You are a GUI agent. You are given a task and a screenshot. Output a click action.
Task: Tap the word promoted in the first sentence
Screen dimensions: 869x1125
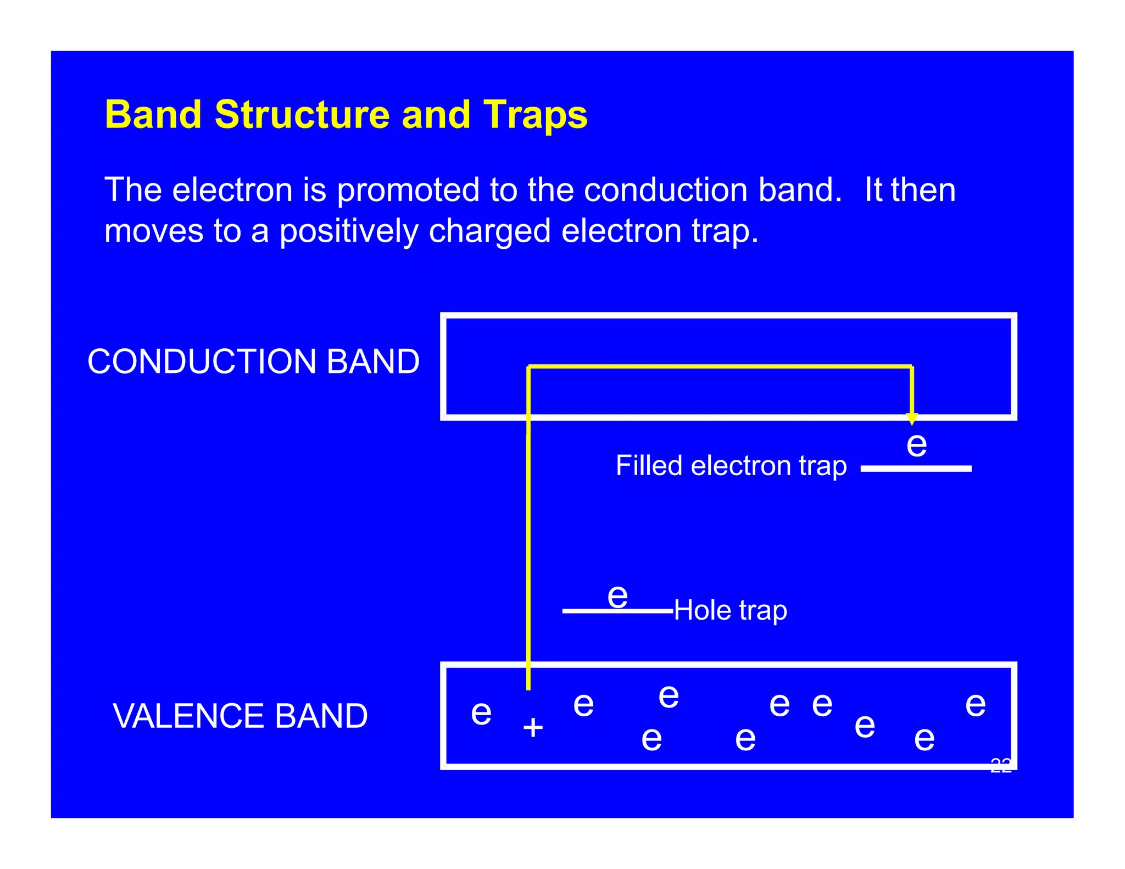[x=408, y=191]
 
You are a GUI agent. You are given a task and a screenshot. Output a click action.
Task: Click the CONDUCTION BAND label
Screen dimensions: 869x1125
[x=253, y=362]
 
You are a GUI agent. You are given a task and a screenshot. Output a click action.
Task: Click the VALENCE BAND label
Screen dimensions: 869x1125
[x=240, y=716]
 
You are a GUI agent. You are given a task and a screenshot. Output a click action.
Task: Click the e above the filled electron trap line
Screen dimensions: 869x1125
[x=916, y=444]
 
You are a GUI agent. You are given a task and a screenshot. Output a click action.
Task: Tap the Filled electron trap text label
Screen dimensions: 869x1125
[x=731, y=466]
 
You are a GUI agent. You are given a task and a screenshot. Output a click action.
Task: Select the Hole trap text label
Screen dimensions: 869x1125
[x=730, y=610]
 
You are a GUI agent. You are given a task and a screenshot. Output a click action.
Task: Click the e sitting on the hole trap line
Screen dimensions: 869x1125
[x=617, y=596]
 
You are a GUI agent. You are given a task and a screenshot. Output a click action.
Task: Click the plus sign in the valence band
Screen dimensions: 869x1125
[x=533, y=728]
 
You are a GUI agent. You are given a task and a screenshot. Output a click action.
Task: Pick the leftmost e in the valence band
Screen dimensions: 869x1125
[x=481, y=713]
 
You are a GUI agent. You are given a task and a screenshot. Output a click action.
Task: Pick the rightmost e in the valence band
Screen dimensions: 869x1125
[x=975, y=704]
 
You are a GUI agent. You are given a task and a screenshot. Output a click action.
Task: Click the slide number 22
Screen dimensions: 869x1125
[x=1000, y=766]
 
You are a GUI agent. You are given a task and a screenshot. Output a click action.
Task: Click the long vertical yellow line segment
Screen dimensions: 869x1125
[x=528, y=549]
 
